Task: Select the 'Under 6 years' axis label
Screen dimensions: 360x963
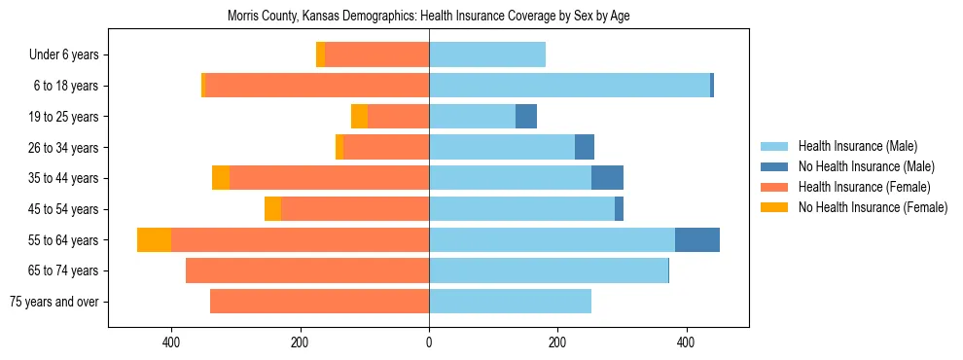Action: (x=64, y=55)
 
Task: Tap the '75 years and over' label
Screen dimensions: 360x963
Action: (x=53, y=302)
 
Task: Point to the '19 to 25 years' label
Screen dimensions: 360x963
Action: (x=63, y=117)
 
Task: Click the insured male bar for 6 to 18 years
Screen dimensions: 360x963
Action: (x=569, y=86)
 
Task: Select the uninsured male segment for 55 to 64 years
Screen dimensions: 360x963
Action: (x=696, y=239)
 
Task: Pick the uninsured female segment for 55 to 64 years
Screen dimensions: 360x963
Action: (x=154, y=239)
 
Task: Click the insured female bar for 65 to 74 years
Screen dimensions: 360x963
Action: (x=306, y=270)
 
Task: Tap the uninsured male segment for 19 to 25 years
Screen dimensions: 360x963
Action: (x=525, y=117)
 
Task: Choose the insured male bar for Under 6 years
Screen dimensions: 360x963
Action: (x=486, y=54)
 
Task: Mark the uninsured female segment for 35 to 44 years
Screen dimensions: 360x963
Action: (x=221, y=178)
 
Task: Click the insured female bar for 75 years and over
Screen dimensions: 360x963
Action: (x=319, y=302)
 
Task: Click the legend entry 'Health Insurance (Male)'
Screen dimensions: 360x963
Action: (x=857, y=146)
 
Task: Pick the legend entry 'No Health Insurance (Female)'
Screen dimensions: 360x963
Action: (x=873, y=207)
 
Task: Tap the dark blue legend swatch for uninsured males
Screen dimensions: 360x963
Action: (x=774, y=166)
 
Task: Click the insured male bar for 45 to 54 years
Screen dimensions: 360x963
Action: (x=521, y=209)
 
